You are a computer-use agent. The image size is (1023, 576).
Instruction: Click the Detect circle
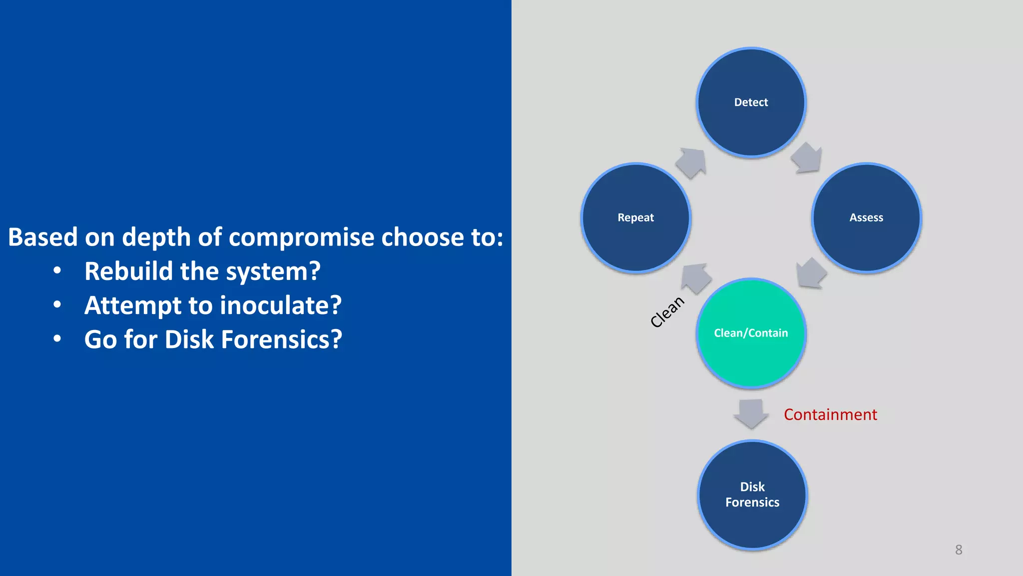click(x=751, y=102)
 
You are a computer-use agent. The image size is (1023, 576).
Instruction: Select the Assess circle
click(x=866, y=218)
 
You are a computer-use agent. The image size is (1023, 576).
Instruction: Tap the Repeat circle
click(x=635, y=218)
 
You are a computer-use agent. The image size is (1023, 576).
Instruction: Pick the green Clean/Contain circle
click(x=751, y=333)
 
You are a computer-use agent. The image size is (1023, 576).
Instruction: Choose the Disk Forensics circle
click(x=752, y=494)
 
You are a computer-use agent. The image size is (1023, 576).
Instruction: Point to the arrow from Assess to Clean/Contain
click(x=810, y=273)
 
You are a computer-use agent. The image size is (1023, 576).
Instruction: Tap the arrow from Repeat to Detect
click(x=692, y=162)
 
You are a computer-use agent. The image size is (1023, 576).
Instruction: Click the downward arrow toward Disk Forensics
click(x=751, y=413)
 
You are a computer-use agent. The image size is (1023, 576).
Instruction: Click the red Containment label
click(x=830, y=414)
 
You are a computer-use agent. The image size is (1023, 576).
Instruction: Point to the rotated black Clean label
click(x=667, y=311)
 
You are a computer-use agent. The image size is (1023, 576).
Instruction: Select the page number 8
click(x=959, y=550)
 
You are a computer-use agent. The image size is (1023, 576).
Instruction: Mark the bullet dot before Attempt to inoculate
click(x=57, y=304)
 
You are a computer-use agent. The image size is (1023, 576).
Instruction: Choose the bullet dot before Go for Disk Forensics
click(x=57, y=339)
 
